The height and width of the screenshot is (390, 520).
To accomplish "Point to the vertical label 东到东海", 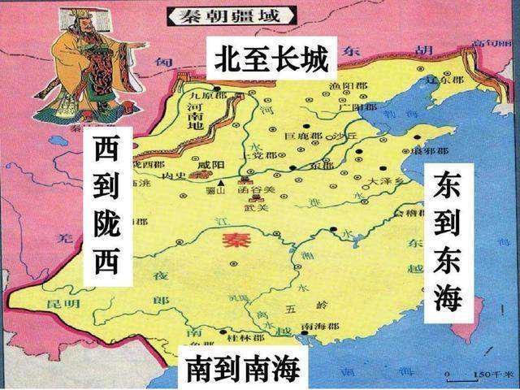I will [x=448, y=241].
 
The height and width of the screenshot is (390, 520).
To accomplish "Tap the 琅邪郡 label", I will [x=433, y=151].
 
